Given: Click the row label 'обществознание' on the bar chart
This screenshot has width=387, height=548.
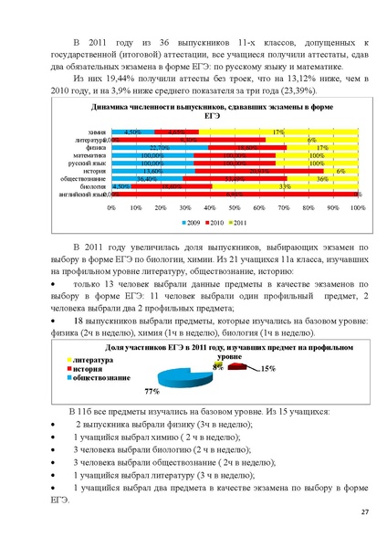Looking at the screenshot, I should [x=84, y=178].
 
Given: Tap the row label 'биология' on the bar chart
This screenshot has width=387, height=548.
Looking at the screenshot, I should [x=93, y=186].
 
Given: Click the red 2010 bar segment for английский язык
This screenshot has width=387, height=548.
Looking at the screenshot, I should [x=235, y=195].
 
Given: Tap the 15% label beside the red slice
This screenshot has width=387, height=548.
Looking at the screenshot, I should [x=268, y=368].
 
